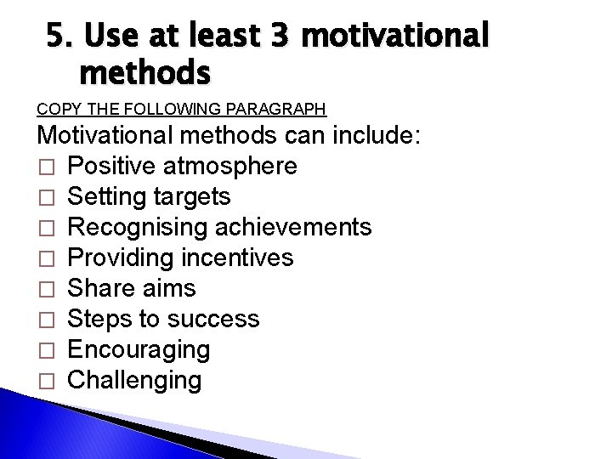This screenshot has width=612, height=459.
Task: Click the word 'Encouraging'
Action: click(x=138, y=349)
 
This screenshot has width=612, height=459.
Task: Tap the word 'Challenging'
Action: click(x=134, y=380)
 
